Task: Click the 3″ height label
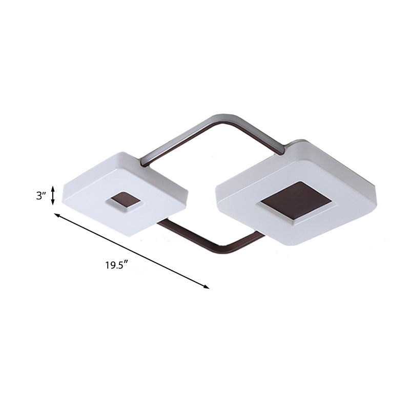(42, 195)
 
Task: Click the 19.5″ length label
(116, 265)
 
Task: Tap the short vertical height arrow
(53, 196)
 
